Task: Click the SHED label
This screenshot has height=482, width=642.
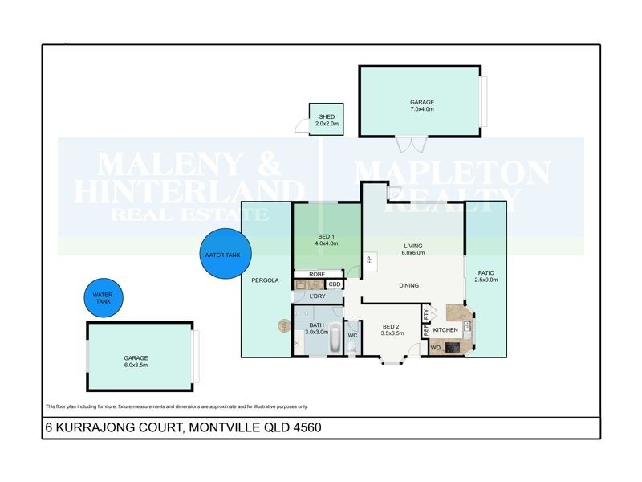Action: (327, 116)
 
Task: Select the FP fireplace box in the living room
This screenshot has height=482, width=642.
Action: (369, 259)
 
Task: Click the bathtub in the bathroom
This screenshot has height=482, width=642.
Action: (314, 342)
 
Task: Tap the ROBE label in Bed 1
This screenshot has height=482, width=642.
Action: (317, 274)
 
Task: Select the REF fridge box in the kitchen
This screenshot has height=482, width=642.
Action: (426, 329)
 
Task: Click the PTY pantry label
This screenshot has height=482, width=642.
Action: (426, 312)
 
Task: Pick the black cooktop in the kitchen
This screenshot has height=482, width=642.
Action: (453, 348)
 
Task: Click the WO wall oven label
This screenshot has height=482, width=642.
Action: (436, 348)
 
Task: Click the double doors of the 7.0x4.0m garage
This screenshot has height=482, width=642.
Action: (410, 145)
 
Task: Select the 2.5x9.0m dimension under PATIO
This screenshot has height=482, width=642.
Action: (486, 280)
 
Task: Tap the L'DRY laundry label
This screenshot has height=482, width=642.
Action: (317, 296)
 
